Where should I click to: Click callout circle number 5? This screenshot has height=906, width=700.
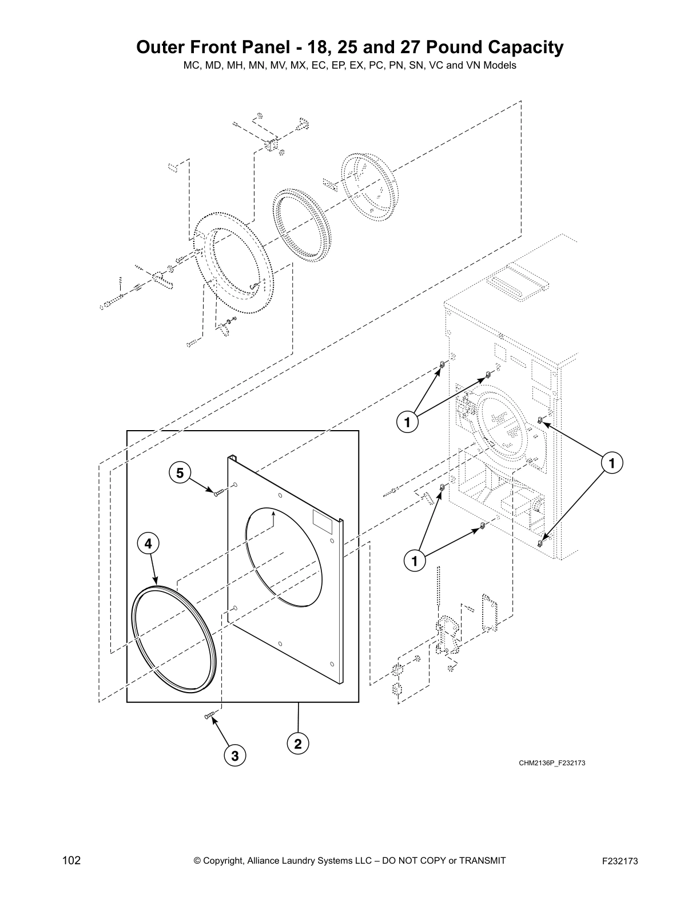pos(180,473)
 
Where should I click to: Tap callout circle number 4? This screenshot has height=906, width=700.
pos(148,544)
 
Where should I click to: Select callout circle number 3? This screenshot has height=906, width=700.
pos(234,756)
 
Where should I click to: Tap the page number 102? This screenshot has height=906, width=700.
pos(71,861)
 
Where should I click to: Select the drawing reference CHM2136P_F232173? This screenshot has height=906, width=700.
pos(552,763)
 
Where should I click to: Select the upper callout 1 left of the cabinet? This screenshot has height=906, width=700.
pos(407,423)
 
